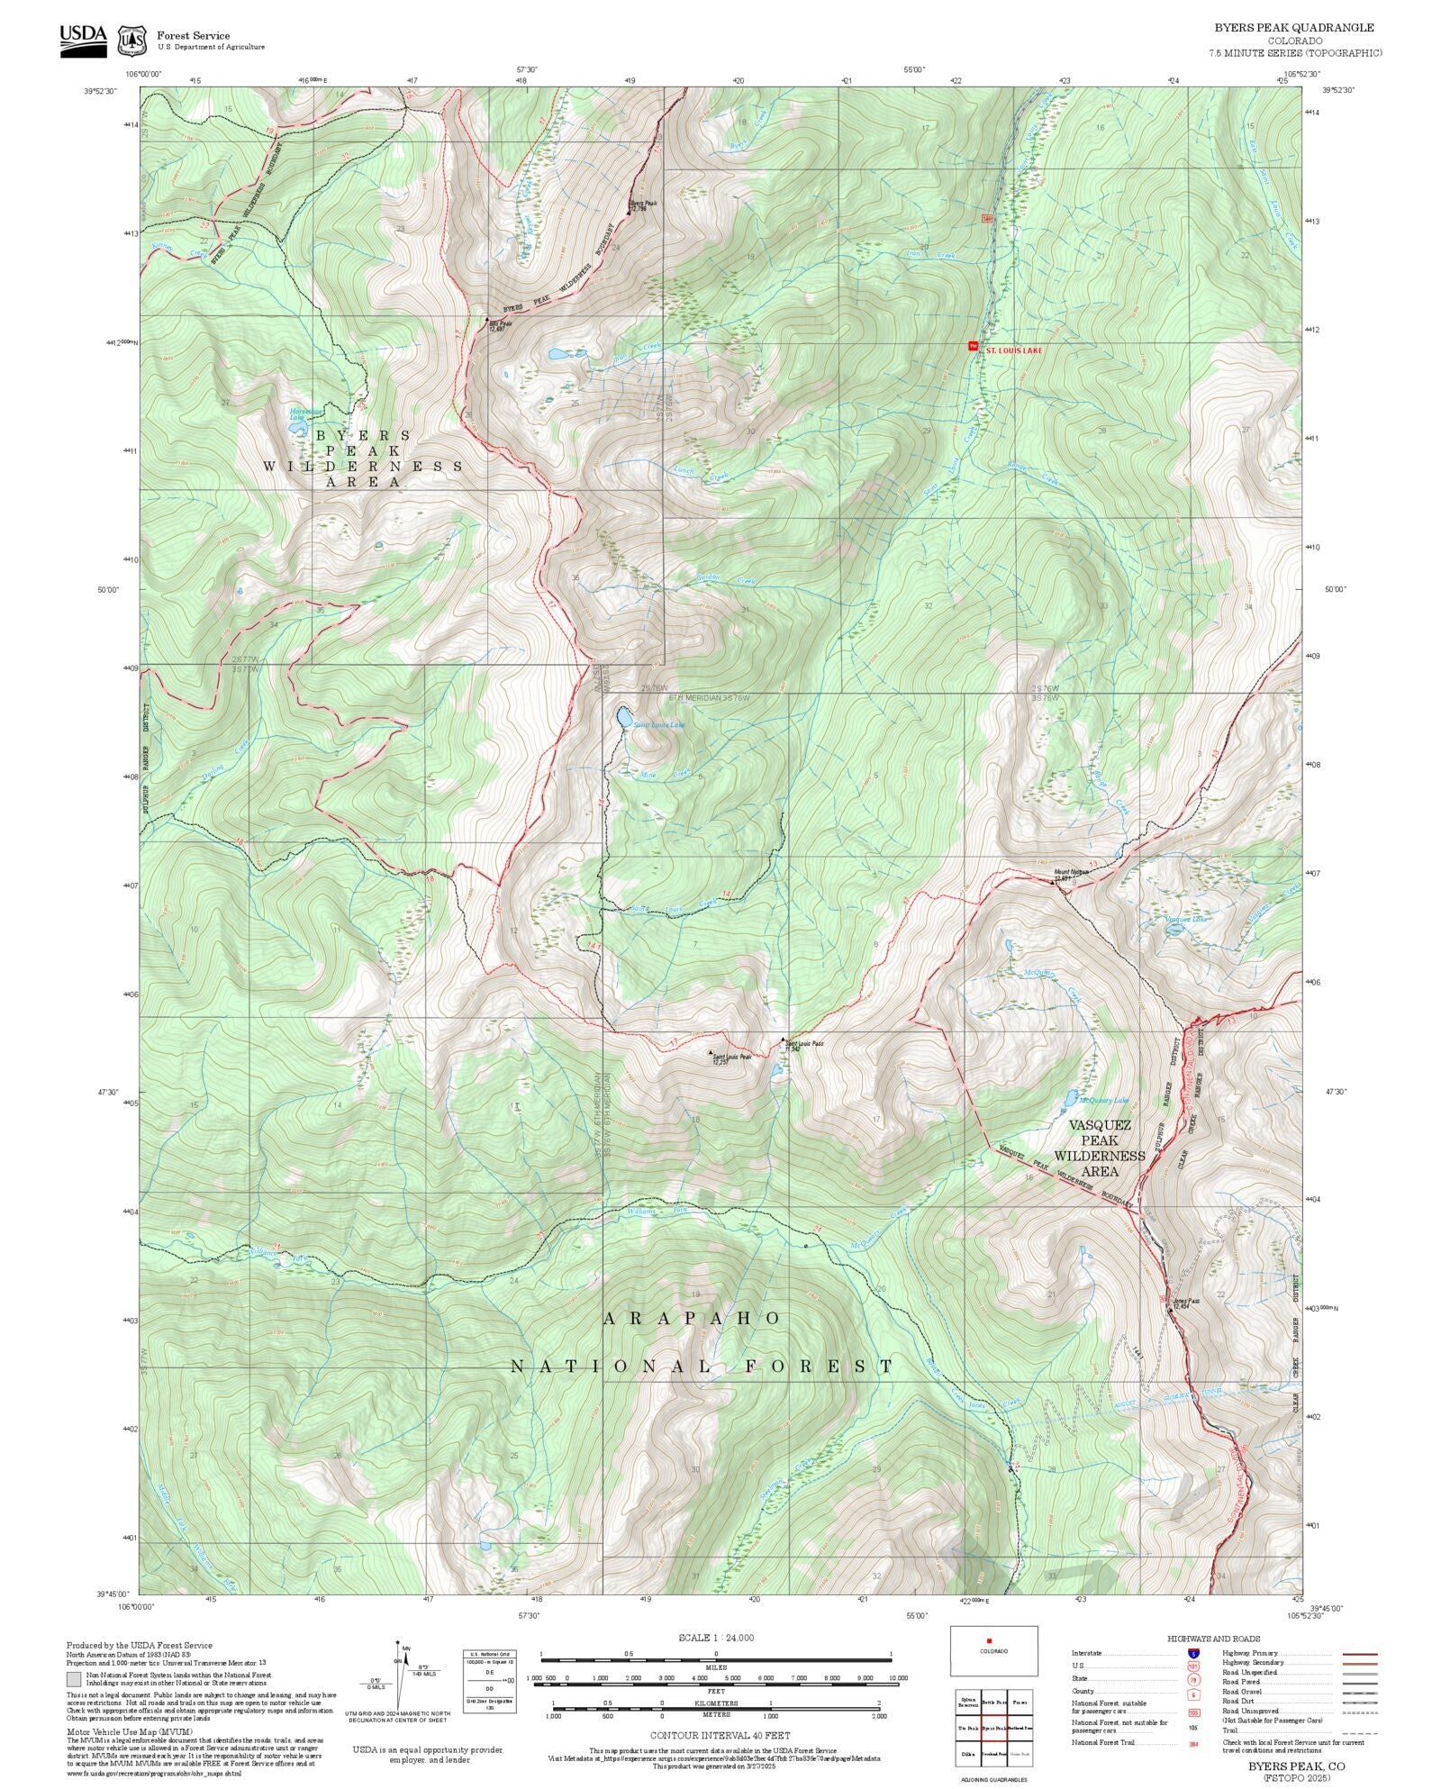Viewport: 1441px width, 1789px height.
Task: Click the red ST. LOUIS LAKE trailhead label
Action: pyautogui.click(x=1014, y=350)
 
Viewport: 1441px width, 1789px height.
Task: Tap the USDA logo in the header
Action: pyautogui.click(x=83, y=40)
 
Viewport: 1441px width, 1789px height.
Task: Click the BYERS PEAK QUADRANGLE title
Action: pyautogui.click(x=1293, y=28)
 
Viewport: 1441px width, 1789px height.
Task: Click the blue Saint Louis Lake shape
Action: pyautogui.click(x=622, y=717)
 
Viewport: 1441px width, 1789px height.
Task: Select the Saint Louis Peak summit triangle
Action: pyautogui.click(x=711, y=1052)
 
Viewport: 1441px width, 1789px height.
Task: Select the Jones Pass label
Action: pyautogui.click(x=1186, y=1301)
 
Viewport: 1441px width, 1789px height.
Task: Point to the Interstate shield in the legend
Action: pyautogui.click(x=1193, y=1654)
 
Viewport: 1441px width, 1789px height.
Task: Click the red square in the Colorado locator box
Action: pyautogui.click(x=989, y=1640)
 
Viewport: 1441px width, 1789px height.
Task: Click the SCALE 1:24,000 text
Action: pyautogui.click(x=716, y=1638)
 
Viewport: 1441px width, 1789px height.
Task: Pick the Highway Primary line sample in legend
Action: pyautogui.click(x=1359, y=1654)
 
